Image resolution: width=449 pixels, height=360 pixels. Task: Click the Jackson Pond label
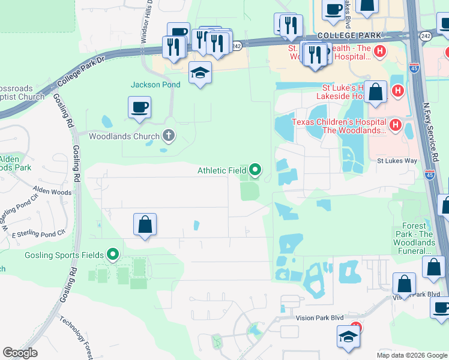[155, 85]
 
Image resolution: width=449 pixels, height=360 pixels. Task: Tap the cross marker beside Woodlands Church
[168, 136]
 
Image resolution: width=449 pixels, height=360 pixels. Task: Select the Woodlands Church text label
[124, 136]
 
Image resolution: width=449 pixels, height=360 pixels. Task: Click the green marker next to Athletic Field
[255, 170]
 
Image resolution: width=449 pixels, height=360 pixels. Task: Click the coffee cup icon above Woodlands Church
[139, 108]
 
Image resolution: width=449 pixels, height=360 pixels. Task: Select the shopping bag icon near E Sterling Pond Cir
[145, 225]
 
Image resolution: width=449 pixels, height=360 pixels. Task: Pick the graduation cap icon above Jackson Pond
[200, 73]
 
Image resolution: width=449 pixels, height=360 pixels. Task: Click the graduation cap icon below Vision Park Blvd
[348, 337]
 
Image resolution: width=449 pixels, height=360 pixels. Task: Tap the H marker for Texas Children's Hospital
[395, 125]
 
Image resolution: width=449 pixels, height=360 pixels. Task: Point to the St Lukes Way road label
[397, 161]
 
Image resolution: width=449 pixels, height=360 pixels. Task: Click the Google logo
[20, 353]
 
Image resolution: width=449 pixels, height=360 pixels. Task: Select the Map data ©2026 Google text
[411, 355]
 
